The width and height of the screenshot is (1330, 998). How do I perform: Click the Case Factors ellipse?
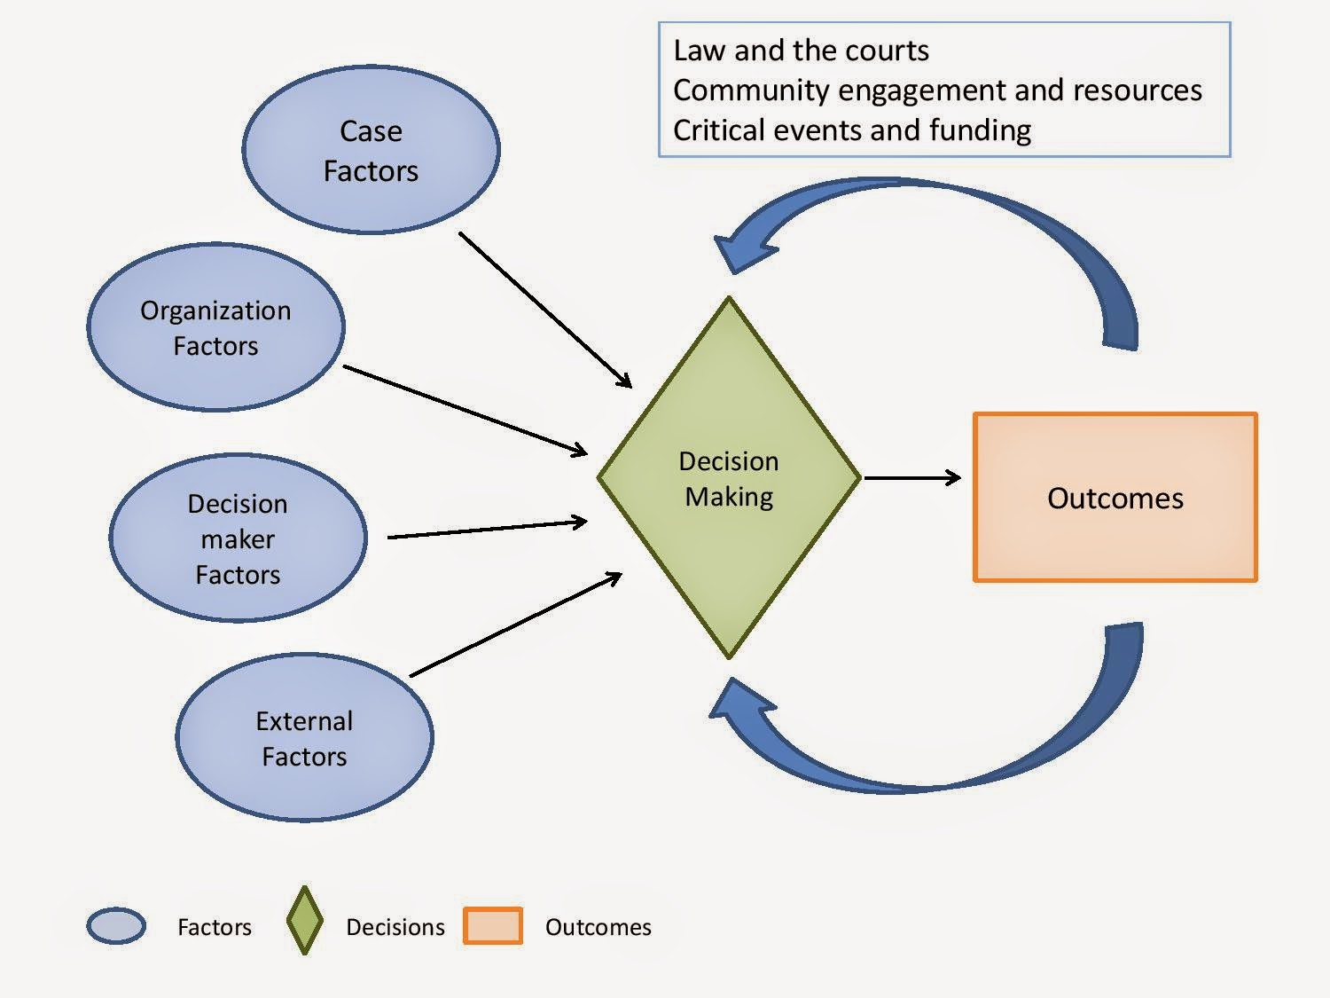click(x=371, y=149)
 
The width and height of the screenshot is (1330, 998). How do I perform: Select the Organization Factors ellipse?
click(x=215, y=327)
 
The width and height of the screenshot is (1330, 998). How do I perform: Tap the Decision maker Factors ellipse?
click(x=239, y=538)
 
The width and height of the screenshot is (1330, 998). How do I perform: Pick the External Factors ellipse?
click(x=305, y=737)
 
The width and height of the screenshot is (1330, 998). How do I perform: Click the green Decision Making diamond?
click(x=729, y=477)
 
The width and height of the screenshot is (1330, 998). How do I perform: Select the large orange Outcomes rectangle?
click(x=1115, y=498)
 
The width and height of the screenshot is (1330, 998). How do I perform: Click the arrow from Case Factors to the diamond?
click(x=545, y=310)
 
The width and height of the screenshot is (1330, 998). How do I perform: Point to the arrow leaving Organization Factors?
click(x=465, y=410)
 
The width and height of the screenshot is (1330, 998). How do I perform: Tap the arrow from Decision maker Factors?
click(x=487, y=529)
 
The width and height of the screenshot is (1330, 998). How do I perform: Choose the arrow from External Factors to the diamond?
click(x=516, y=625)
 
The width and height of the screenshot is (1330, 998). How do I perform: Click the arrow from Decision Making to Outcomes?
click(x=912, y=478)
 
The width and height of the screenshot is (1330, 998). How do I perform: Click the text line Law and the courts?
click(x=801, y=51)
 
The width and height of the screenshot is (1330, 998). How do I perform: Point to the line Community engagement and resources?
click(x=937, y=90)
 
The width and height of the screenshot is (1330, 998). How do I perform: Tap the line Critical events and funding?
click(x=852, y=130)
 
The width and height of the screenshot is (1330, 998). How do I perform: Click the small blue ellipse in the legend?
click(x=116, y=926)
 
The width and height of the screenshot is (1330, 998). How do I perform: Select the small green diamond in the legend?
click(x=305, y=921)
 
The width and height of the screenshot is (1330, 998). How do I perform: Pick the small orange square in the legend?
click(x=493, y=925)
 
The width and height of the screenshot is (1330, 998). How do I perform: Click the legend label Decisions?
click(x=395, y=927)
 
